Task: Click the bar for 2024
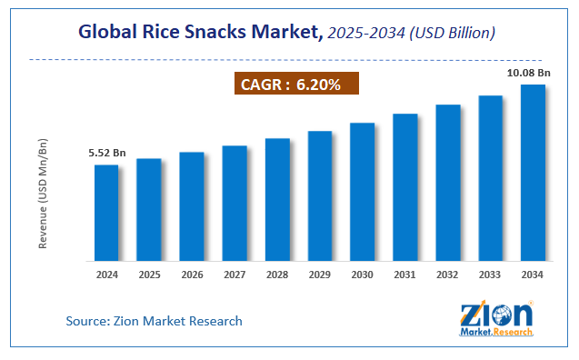point(106,213)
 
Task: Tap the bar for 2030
point(363,192)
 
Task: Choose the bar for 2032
point(448,183)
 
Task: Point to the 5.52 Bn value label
point(105,154)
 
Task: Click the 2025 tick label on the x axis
point(149,274)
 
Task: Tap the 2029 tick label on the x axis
point(320,274)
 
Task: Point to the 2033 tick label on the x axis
point(491,274)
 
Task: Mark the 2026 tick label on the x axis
point(192,274)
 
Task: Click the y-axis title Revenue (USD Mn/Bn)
point(43,195)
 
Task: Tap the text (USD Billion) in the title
point(452,34)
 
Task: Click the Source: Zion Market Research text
point(154,321)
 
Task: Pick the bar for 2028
point(277,199)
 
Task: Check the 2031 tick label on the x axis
point(405,274)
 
